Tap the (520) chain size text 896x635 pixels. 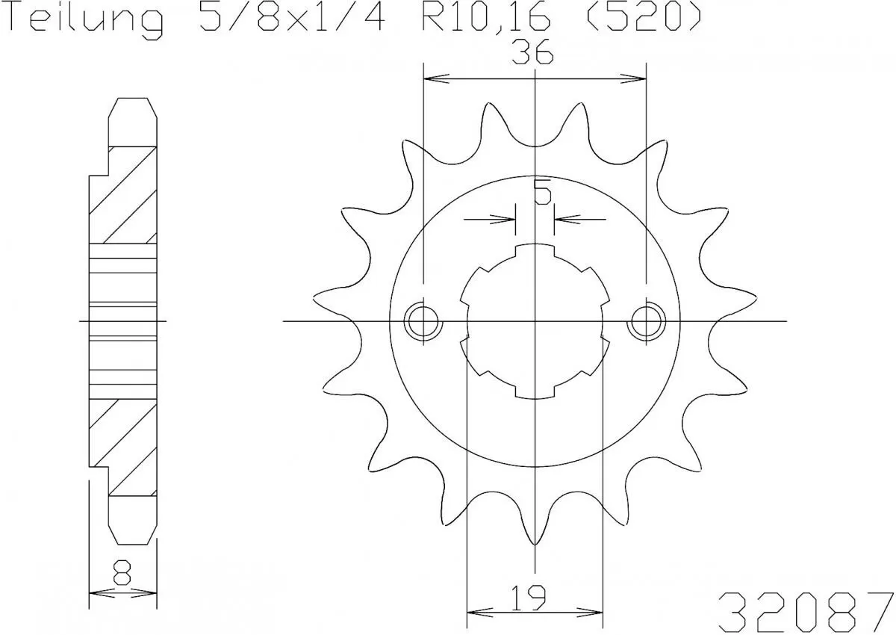tap(644, 19)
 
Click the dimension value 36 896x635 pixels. tap(532, 55)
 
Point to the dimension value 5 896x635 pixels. tap(543, 194)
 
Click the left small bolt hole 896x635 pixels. tap(423, 322)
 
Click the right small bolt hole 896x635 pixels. tap(647, 322)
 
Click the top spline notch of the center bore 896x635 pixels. tap(535, 251)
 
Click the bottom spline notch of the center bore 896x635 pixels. tap(535, 393)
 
